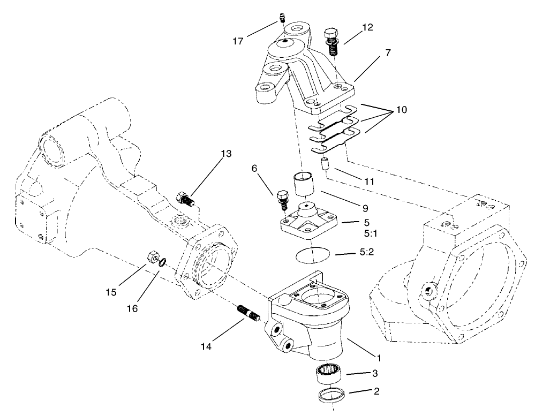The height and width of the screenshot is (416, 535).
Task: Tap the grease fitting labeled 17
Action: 282,20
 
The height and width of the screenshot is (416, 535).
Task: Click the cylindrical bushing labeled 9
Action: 303,185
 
